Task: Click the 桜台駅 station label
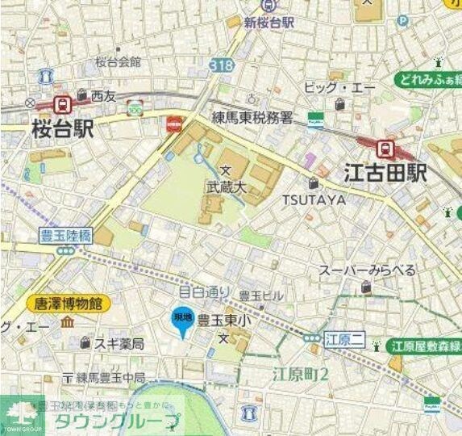(x=63, y=129)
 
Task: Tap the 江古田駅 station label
(x=385, y=173)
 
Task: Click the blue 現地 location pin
(x=182, y=321)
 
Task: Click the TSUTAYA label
(x=314, y=199)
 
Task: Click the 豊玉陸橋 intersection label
(x=66, y=236)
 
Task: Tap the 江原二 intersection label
(x=343, y=338)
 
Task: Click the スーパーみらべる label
(x=367, y=270)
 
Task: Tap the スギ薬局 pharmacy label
(x=119, y=344)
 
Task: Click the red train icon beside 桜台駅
(x=61, y=103)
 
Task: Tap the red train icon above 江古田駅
(x=385, y=148)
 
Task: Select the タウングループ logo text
(x=116, y=421)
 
